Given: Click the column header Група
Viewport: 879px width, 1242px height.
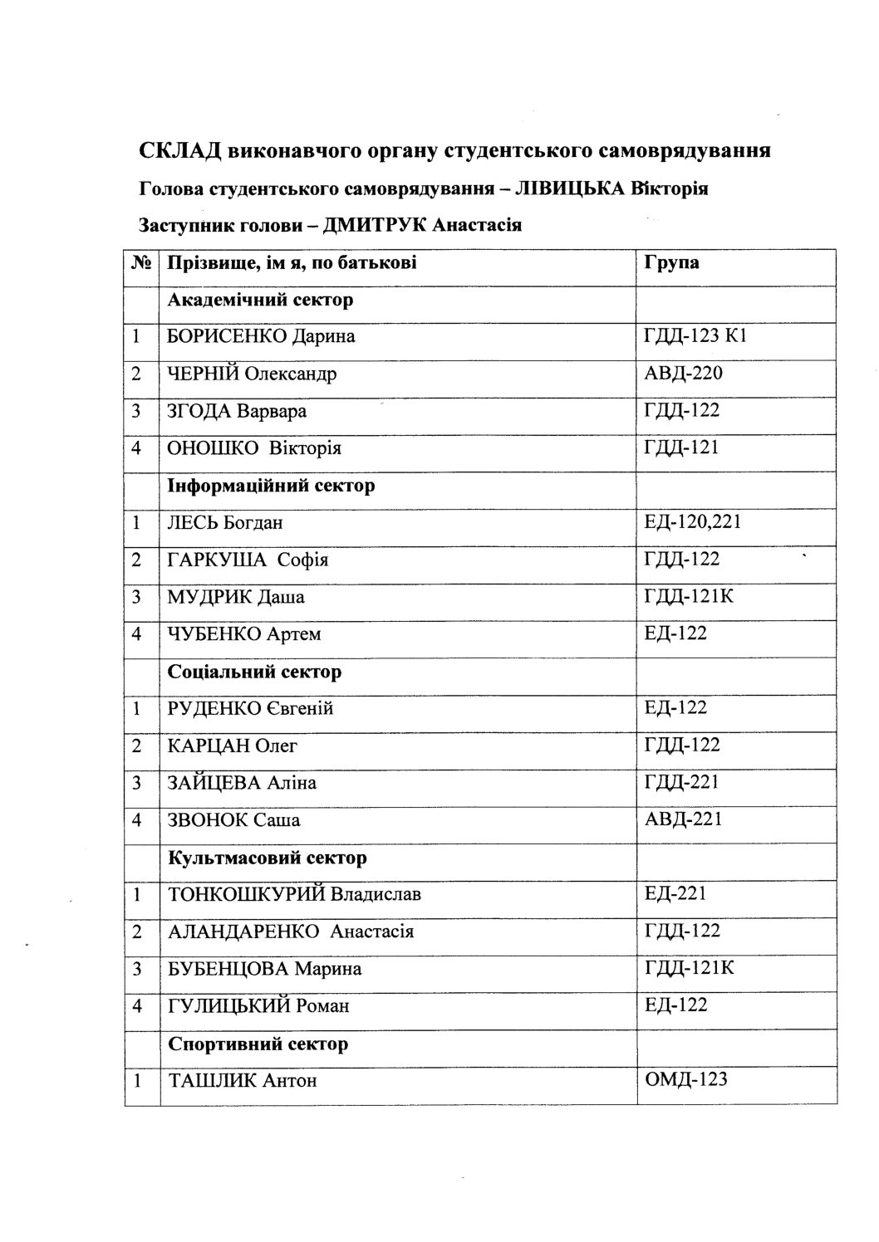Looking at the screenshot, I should tap(671, 263).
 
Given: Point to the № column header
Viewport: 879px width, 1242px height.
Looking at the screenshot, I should tap(141, 263).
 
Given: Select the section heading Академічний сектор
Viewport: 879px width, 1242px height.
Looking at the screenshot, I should tap(260, 300).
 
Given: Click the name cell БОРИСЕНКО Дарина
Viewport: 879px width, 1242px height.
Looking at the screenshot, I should tap(261, 336).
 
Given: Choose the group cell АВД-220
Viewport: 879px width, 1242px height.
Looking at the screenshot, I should tap(683, 374).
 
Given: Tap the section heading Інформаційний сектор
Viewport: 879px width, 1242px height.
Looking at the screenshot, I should tap(271, 485).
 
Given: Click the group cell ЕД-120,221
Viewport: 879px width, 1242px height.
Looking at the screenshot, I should tap(692, 522).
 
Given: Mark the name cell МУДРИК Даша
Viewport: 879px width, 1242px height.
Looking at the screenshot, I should tap(236, 597).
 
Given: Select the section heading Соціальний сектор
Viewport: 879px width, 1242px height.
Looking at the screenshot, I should tap(254, 671).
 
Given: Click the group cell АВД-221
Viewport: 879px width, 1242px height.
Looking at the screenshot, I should tap(683, 819).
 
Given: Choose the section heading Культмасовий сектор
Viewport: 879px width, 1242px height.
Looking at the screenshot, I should tap(267, 857).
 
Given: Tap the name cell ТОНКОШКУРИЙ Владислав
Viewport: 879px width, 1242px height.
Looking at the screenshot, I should tap(294, 894).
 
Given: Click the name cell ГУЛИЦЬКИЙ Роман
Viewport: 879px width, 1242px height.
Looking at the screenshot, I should tap(258, 1006).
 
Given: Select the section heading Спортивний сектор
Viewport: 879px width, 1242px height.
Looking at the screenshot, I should tap(258, 1044).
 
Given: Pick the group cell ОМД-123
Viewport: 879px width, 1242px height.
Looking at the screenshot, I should tap(685, 1079).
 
